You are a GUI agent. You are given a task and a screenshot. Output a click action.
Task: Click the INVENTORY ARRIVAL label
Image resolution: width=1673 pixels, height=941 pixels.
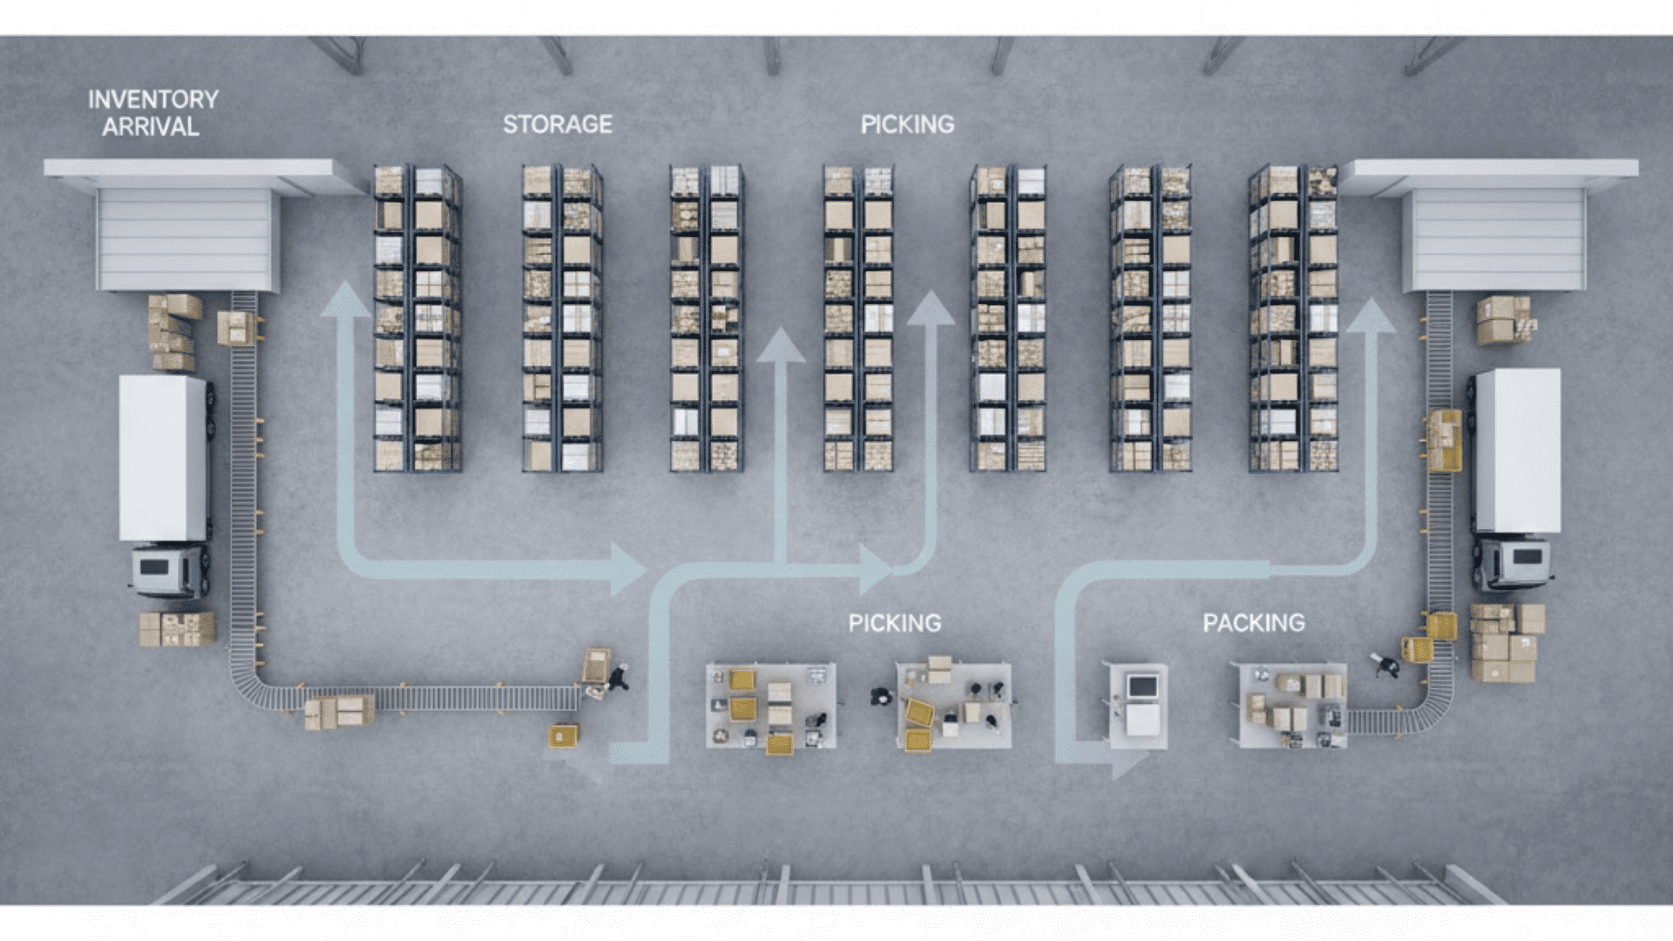[x=152, y=113]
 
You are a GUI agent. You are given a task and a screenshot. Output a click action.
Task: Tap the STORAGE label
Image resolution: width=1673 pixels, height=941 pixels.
[x=558, y=125]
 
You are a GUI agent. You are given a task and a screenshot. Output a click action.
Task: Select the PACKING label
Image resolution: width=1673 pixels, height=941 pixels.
[x=1253, y=623]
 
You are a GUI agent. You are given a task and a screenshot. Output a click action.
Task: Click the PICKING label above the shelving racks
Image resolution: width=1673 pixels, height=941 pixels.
[x=907, y=125]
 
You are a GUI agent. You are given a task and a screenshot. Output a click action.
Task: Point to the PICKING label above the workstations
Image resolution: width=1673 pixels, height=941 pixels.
[x=895, y=623]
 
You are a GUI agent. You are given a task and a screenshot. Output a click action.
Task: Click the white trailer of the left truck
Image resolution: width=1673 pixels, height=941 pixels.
[x=163, y=457]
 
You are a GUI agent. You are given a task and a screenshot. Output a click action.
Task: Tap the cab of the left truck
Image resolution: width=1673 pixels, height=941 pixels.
[x=168, y=571]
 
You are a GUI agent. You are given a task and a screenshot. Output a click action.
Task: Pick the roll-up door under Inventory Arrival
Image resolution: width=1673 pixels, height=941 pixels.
[x=186, y=240]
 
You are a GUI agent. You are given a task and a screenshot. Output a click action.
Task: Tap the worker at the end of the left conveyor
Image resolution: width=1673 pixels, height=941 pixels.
[x=618, y=676]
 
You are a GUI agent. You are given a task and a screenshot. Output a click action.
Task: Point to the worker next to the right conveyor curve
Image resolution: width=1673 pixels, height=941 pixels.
[x=1385, y=666]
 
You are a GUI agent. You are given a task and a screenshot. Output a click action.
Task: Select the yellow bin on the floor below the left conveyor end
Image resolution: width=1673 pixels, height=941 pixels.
[x=564, y=735]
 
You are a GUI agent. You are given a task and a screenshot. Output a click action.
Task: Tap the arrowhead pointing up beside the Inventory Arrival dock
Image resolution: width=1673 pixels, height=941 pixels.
[x=346, y=301]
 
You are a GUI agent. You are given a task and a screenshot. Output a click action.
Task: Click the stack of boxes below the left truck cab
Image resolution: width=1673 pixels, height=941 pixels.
[x=177, y=629]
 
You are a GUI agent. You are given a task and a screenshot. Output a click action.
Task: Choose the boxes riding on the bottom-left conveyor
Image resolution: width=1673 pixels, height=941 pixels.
[x=339, y=710]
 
